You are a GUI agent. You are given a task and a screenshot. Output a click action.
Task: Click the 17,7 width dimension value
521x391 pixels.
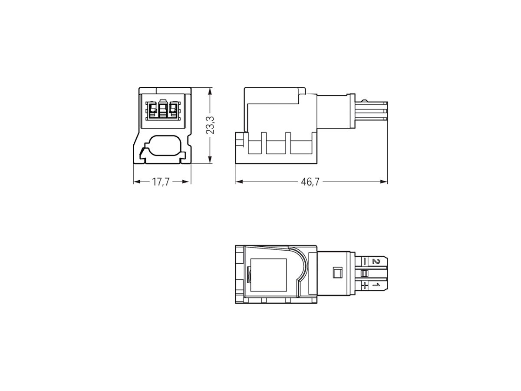click(161, 182)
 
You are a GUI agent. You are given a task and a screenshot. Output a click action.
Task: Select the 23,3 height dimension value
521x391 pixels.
click(211, 126)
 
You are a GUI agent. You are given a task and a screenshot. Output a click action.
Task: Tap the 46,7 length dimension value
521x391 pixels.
click(310, 182)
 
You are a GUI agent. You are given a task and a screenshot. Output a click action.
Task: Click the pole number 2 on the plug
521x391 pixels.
click(376, 262)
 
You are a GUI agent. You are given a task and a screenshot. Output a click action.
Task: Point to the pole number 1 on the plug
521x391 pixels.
click(376, 285)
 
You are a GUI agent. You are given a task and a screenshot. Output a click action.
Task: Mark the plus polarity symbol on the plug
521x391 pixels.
click(365, 285)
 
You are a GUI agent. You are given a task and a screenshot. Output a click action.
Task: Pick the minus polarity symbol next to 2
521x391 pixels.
click(365, 262)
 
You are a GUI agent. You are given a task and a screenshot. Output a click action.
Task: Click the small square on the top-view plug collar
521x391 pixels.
click(335, 273)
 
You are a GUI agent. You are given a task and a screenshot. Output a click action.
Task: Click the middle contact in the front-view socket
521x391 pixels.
click(163, 110)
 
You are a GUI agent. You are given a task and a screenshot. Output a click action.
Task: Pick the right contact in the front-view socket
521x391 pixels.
click(174, 110)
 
